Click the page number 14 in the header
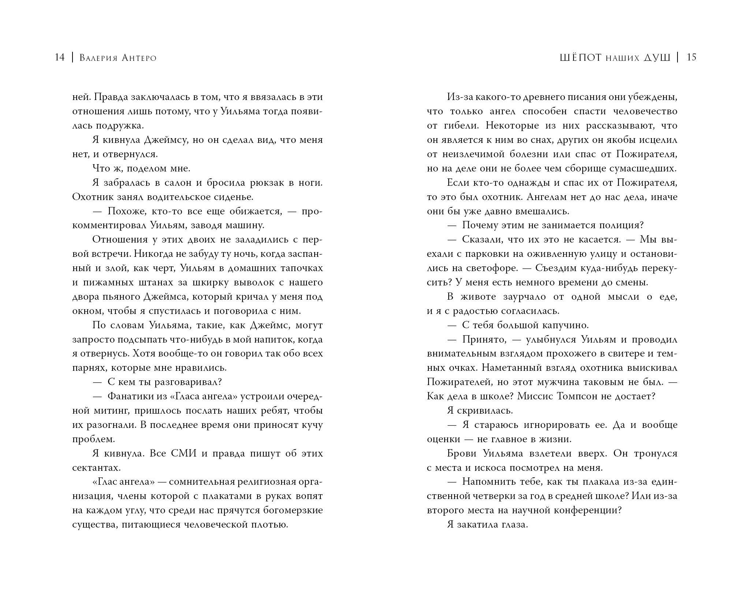coord(59,58)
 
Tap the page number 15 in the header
coord(691,58)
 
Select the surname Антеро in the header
coord(137,58)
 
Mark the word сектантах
coord(96,468)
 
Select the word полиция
coord(621,225)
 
